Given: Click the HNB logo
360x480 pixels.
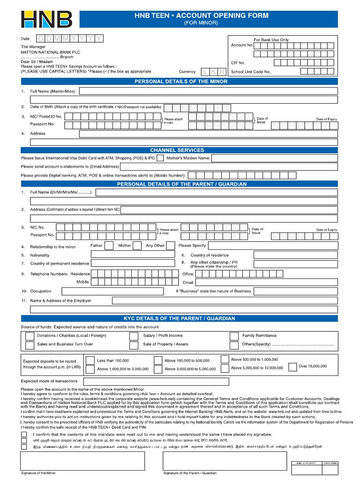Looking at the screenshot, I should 46,19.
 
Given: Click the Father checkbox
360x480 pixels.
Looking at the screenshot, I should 109,246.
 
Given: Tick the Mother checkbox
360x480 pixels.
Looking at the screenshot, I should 137,246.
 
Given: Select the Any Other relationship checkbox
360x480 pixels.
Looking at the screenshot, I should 171,246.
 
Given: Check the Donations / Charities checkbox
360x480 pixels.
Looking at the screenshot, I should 30,336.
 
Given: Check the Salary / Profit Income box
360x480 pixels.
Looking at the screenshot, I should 134,336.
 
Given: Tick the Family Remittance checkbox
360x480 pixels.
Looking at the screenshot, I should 234,336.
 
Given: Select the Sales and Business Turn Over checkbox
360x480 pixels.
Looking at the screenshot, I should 30,345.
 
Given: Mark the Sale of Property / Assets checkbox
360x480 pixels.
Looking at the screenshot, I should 134,345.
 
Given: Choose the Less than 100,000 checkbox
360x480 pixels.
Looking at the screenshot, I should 89,360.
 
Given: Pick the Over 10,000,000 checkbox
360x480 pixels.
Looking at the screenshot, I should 292,367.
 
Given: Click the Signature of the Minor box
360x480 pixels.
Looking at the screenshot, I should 82,461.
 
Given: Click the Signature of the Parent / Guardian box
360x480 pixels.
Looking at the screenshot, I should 225,461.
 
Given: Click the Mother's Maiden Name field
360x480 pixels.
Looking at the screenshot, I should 274,158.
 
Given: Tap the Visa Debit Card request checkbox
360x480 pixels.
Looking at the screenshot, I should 160,158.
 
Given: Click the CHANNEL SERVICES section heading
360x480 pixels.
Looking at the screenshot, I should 177,150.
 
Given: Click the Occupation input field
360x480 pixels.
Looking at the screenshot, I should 111,291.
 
